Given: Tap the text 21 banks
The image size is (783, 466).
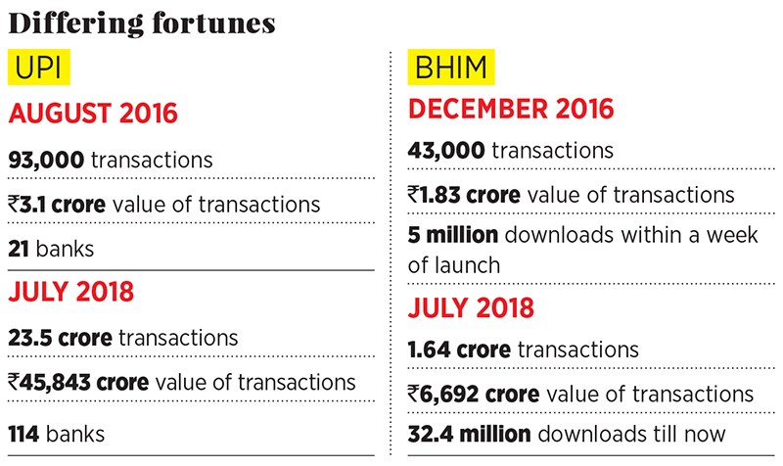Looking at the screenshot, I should tap(51, 249).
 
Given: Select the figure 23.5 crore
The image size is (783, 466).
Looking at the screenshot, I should tap(62, 338).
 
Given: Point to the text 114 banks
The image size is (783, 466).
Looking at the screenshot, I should tap(56, 431).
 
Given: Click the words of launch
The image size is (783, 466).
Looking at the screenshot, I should tap(454, 264).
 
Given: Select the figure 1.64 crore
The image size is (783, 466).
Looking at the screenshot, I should tap(459, 349).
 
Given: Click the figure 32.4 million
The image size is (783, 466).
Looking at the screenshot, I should tap(470, 433).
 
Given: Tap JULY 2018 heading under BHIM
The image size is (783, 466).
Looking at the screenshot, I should tap(471, 306).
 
